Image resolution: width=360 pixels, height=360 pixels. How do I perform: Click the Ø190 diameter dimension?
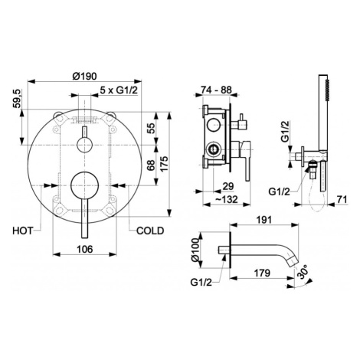pos(84,76)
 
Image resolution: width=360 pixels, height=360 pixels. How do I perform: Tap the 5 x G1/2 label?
pos(119,90)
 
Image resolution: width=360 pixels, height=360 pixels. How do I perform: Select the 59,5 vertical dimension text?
pos(18,99)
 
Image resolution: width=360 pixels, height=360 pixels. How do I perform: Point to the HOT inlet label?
pos(23,231)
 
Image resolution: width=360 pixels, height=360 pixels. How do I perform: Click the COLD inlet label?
pos(150,231)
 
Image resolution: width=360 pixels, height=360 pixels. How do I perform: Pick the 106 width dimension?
pos(85,249)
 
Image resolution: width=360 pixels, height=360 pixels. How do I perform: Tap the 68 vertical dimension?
pos(151,165)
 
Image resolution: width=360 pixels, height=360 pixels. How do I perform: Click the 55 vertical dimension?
pos(151,129)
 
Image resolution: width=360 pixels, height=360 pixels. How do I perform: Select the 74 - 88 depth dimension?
pos(216,90)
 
